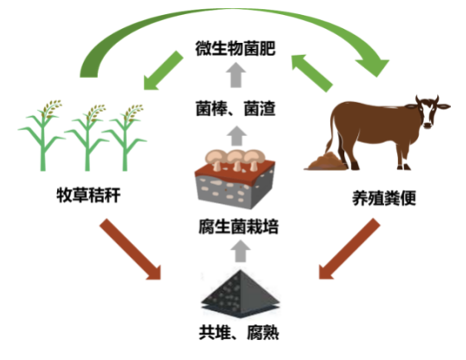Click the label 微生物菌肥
tap(235, 48)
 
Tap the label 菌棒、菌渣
tap(235, 109)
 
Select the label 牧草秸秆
tap(89, 195)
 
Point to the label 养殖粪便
tap(384, 198)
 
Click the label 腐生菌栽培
tap(238, 226)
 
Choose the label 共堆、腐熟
tap(239, 333)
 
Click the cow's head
tap(430, 111)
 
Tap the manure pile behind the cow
tap(325, 162)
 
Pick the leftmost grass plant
tap(42, 135)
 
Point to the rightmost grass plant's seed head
tap(133, 112)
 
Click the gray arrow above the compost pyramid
tap(240, 251)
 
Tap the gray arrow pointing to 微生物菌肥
tap(236, 75)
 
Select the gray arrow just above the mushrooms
tap(237, 135)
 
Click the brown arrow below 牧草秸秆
tap(131, 250)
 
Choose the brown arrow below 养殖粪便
tap(349, 249)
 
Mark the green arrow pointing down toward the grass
tap(163, 71)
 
